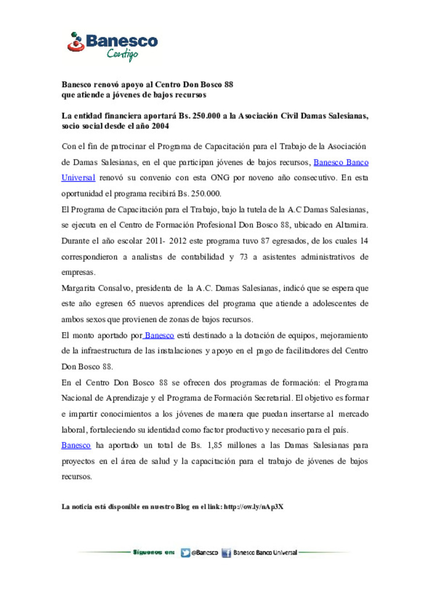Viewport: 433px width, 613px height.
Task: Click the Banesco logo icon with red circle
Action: tap(75, 42)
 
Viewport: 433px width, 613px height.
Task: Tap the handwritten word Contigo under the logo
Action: tap(122, 54)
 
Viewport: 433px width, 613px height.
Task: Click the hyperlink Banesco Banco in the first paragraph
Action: tap(341, 162)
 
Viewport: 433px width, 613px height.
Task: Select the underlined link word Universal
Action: tap(78, 178)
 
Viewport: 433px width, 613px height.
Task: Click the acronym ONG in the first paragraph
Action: tap(220, 178)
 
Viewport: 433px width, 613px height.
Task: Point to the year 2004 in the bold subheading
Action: tap(160, 126)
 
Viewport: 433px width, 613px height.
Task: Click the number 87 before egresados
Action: tap(265, 241)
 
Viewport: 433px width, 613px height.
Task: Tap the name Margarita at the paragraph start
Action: tap(78, 288)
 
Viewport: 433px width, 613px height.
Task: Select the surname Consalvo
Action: tap(114, 288)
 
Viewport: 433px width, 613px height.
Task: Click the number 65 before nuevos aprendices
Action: tap(132, 304)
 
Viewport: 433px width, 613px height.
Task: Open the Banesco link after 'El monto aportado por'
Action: tap(159, 336)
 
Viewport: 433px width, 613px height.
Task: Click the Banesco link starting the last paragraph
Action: tap(76, 445)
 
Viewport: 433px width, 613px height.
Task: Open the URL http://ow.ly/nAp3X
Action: tap(253, 507)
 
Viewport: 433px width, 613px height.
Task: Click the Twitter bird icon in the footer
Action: tap(185, 553)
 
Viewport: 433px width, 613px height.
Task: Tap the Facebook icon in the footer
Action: tap(227, 553)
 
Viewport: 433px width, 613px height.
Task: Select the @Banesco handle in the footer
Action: tap(204, 553)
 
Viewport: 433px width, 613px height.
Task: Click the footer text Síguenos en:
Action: tap(154, 552)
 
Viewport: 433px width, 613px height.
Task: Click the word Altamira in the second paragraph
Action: tap(351, 225)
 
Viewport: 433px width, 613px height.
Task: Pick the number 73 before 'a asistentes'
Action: tap(243, 257)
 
